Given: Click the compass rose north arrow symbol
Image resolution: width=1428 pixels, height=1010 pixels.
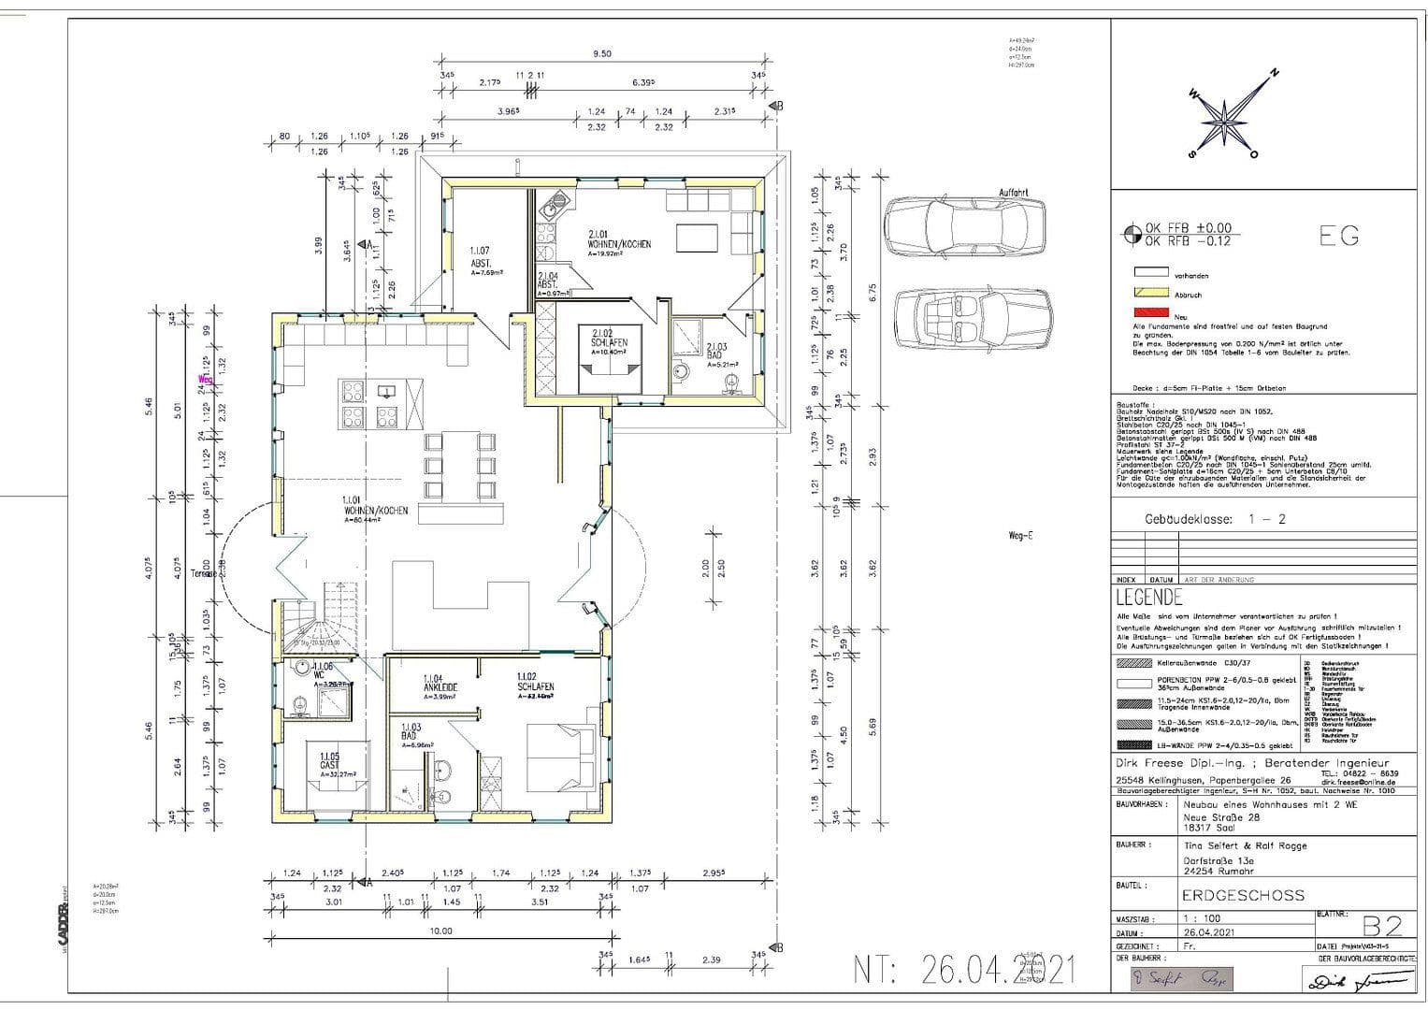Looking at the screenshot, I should (1223, 116).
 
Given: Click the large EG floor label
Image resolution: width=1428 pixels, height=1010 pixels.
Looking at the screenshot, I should (1338, 237).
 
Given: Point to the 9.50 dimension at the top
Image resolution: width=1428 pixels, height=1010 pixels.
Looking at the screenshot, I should (601, 54).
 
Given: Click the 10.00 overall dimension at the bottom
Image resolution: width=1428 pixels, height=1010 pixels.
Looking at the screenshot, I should (440, 931).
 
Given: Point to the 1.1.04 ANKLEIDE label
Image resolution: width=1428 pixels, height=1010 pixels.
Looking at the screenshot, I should (440, 685).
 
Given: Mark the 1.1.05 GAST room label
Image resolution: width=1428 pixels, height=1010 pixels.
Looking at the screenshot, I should (329, 763).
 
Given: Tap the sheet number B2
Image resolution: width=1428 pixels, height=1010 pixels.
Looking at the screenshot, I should (1381, 926).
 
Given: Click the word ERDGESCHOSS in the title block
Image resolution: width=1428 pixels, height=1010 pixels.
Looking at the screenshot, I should (1242, 895).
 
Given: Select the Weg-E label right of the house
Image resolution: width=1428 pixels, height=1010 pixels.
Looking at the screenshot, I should (1019, 536).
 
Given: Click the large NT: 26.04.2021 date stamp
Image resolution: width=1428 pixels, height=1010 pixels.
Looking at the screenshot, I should (964, 971).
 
